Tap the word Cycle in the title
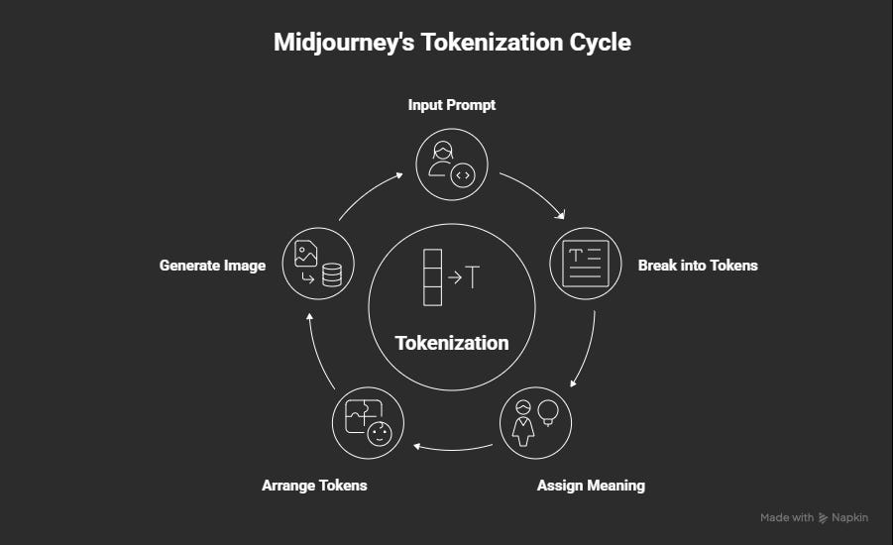click(597, 43)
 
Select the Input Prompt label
click(452, 104)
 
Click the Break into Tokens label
click(698, 265)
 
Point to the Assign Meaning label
click(591, 486)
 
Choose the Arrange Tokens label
click(314, 486)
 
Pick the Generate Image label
click(212, 265)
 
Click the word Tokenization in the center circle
click(452, 343)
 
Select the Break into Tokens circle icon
click(585, 265)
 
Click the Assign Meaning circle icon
click(535, 422)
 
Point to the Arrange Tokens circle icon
click(368, 422)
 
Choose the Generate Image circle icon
click(318, 265)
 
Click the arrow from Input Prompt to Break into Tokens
click(536, 192)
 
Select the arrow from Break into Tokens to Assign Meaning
click(586, 352)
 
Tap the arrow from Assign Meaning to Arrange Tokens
click(452, 448)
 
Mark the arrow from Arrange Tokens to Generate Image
click(317, 352)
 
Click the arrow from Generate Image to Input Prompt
click(368, 192)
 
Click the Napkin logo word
click(850, 517)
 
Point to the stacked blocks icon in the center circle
click(431, 278)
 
